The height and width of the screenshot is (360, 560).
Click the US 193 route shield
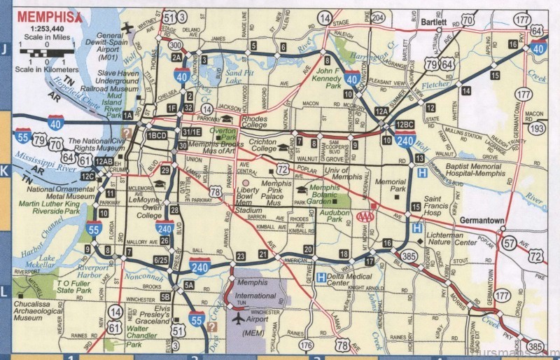(x=536, y=129)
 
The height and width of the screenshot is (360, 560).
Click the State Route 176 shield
(x=305, y=345)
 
